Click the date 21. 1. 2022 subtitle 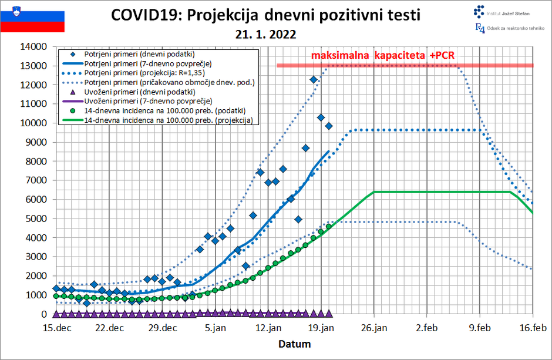(x=266, y=35)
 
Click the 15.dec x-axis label (x=57, y=328)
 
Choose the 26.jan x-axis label (x=374, y=328)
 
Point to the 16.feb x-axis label (x=532, y=328)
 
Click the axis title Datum (x=294, y=344)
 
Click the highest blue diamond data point (x=314, y=80)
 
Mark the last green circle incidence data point (x=329, y=227)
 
